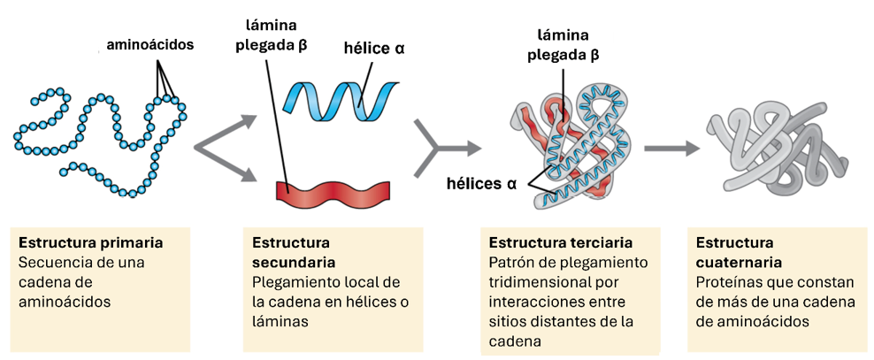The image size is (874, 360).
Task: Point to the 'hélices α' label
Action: pyautogui.click(x=481, y=184)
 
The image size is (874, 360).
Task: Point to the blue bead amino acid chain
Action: pyautogui.click(x=97, y=133)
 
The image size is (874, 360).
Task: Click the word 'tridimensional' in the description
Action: pyautogui.click(x=533, y=282)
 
